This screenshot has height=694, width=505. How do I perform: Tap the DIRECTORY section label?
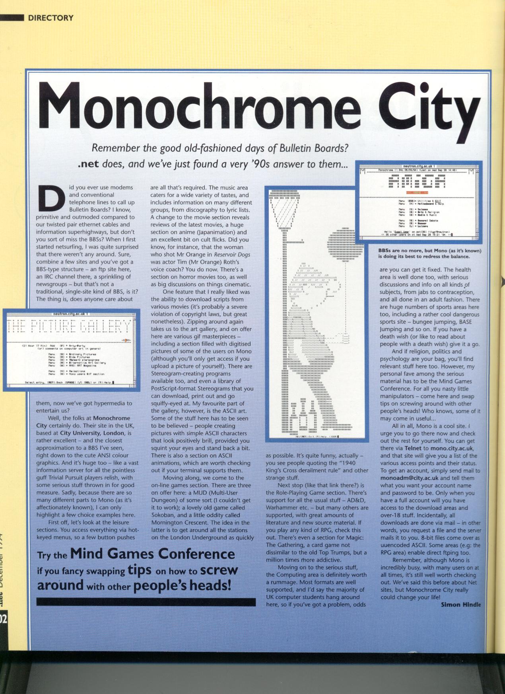(50, 18)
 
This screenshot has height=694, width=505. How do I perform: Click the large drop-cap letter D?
(51, 198)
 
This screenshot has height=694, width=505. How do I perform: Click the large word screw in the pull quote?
(218, 570)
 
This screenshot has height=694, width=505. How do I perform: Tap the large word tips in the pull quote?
(139, 570)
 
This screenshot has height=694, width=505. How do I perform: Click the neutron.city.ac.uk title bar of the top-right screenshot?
(420, 166)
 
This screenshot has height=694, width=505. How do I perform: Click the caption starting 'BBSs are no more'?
(429, 254)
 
